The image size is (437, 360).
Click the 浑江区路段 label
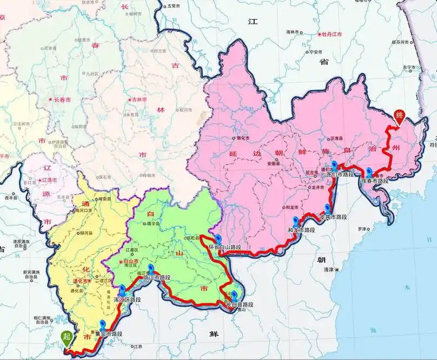[x=128, y=299]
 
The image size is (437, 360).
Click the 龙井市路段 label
[x=333, y=216]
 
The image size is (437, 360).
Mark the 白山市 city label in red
[x=130, y=261]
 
